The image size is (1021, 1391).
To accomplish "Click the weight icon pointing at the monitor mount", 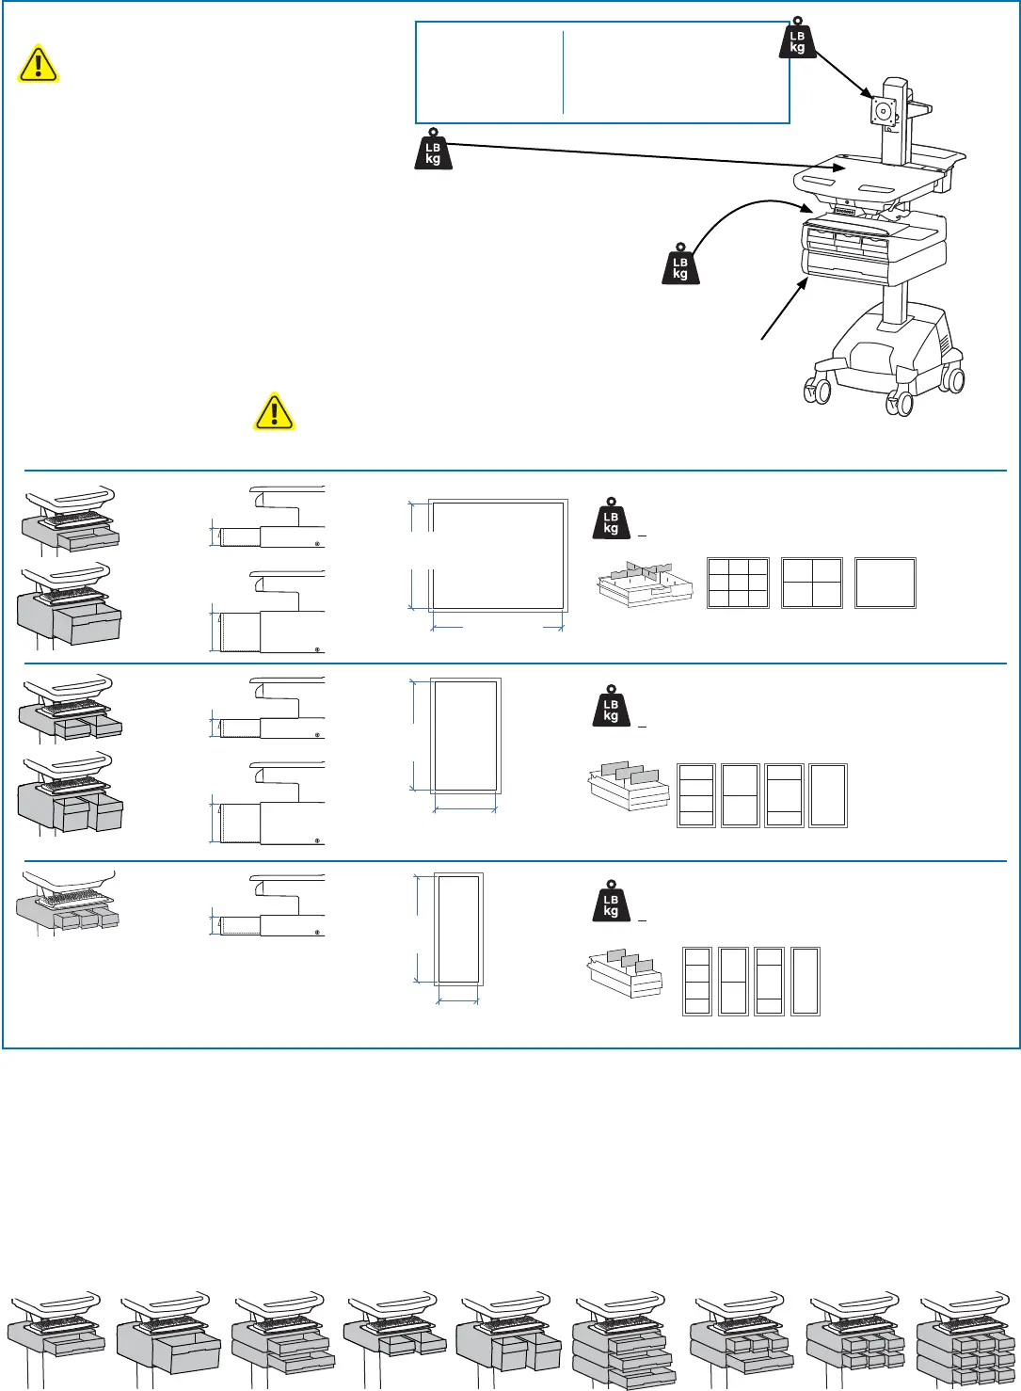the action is [x=798, y=40].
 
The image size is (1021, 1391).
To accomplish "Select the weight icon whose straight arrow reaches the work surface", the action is [x=433, y=150].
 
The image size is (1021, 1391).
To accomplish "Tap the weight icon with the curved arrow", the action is [x=680, y=264].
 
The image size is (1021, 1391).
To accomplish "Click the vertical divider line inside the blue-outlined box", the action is [x=563, y=72].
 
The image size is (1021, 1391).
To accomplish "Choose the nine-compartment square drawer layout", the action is [x=738, y=583].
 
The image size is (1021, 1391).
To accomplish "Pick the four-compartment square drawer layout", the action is [x=812, y=583].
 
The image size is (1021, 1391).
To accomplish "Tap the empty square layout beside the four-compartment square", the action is [x=885, y=583].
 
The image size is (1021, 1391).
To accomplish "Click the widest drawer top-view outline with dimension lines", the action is [x=498, y=555].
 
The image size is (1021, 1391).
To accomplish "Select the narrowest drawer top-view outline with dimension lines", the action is [x=458, y=929].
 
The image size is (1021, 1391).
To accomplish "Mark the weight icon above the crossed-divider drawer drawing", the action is [x=611, y=519].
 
